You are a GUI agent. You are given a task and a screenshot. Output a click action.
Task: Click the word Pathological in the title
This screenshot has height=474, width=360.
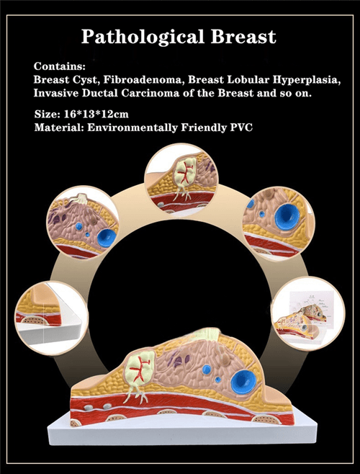pos(143,37)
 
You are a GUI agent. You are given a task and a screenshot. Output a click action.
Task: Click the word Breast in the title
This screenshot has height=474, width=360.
pos(243,36)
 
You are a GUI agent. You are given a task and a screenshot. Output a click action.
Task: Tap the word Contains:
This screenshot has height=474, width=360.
pos(60,66)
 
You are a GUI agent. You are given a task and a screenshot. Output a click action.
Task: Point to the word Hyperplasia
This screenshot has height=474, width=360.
pos(307,80)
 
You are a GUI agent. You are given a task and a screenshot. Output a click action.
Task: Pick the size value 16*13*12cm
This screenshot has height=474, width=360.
pos(96,115)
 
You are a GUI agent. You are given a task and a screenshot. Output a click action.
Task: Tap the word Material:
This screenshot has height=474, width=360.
pos(59,128)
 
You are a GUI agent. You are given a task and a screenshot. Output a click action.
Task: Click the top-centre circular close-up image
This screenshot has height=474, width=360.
pos(181,180)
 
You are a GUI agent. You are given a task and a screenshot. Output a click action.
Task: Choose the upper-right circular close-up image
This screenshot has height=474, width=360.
pos(278,224)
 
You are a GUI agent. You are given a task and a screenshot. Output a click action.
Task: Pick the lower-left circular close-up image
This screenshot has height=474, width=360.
pos(51,318)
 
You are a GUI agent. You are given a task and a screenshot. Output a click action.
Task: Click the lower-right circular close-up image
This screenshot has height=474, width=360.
pos(308,313)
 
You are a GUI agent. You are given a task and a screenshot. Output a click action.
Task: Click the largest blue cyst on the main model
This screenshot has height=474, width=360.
pos(243,382)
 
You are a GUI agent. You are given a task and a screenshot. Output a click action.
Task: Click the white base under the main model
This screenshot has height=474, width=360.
pos(183,431)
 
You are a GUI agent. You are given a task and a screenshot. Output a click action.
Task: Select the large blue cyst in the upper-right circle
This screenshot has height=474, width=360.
pos(287,216)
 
